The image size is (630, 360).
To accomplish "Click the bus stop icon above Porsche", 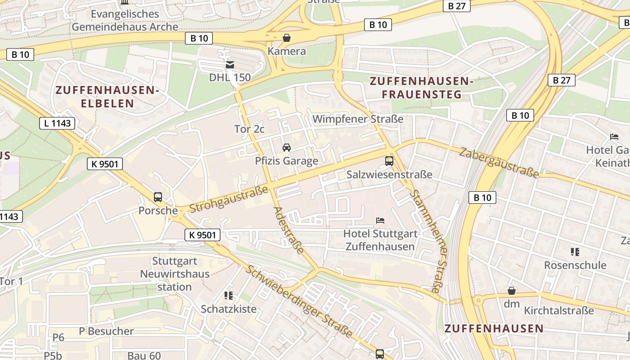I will (158, 197).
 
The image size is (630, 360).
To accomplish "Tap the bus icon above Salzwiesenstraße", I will (389, 161).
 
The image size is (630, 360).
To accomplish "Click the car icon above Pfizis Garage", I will (286, 147).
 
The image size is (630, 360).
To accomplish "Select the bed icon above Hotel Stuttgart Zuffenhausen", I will (380, 220).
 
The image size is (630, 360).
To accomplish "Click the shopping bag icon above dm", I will (512, 290).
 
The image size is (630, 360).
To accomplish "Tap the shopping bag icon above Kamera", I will (286, 37).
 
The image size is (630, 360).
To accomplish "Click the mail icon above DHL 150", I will (230, 64).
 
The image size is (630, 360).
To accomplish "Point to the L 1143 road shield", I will (57, 123).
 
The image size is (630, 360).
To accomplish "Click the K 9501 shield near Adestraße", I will (202, 234).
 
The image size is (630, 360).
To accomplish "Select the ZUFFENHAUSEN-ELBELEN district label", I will (107, 97).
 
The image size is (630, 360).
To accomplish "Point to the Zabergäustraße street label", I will (498, 162).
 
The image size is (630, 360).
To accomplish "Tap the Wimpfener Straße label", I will (358, 119).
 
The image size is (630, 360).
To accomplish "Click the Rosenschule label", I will (575, 265).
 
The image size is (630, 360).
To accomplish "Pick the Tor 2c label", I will (249, 129).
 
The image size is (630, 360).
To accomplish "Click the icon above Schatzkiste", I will (229, 296).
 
